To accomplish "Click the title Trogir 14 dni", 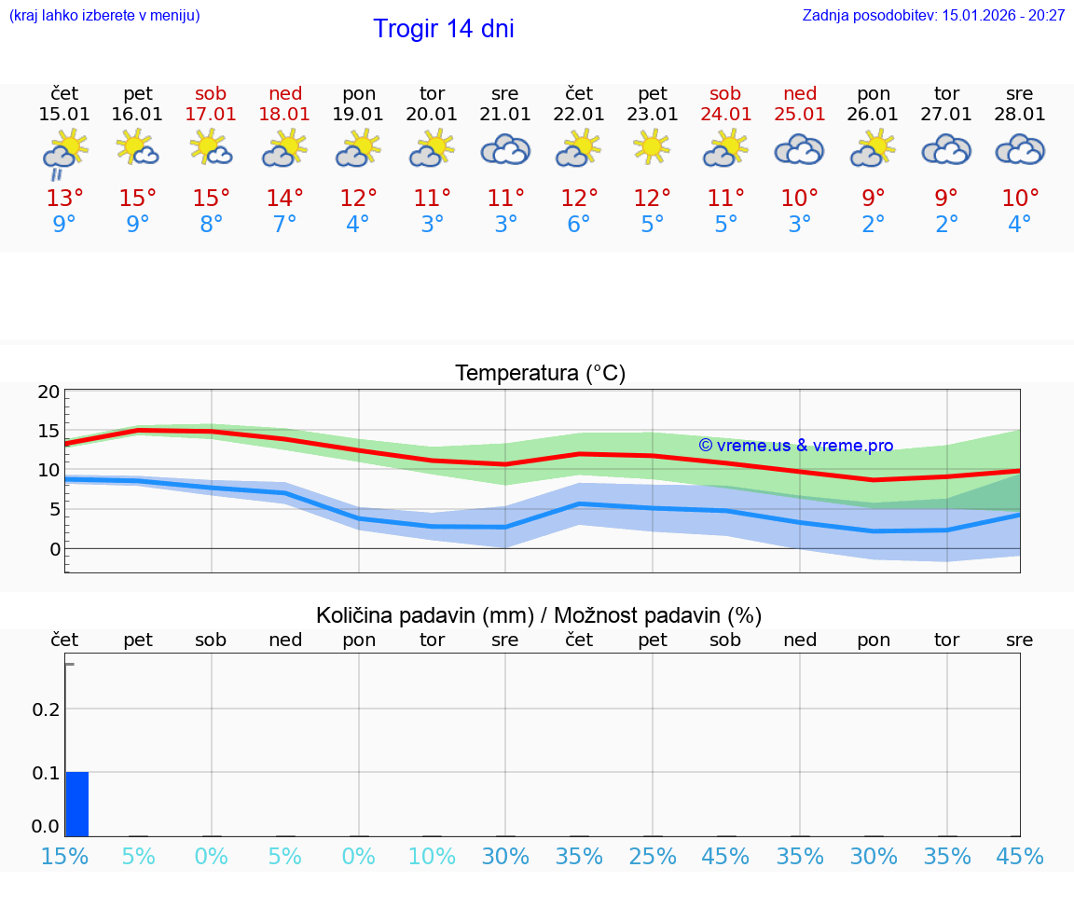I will tap(443, 29).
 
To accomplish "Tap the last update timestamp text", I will tap(933, 15).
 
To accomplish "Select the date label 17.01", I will tap(212, 115).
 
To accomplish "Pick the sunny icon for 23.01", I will tap(652, 146).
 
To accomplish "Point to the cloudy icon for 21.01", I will tap(505, 150).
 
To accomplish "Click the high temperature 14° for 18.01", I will tap(284, 199).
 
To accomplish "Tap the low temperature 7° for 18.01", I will tap(284, 225).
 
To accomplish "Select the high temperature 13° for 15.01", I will tap(64, 199).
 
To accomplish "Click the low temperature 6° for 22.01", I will tap(579, 225).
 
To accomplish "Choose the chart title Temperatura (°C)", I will tap(540, 374).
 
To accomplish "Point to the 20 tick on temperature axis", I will tap(48, 392).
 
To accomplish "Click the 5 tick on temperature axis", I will tap(54, 509).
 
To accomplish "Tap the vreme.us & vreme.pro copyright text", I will tap(795, 446).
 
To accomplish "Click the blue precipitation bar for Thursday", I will tap(76, 804).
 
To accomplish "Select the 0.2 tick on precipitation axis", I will tap(46, 709).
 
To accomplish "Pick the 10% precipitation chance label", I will tap(432, 856).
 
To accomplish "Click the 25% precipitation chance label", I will tap(652, 856).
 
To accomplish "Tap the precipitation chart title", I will tap(539, 615).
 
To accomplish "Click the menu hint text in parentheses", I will tap(104, 15).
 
